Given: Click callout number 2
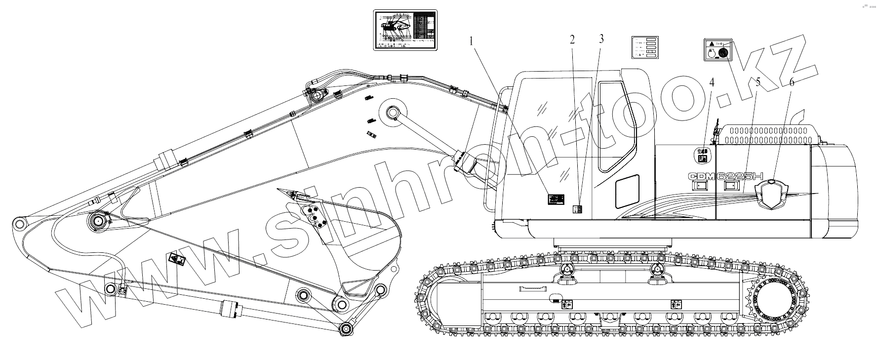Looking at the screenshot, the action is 572,40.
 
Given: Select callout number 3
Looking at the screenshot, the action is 601,40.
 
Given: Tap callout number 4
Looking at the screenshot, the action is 712,82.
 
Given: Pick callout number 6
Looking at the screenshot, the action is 791,82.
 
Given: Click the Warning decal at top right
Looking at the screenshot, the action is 717,50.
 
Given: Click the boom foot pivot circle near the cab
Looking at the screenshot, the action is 393,113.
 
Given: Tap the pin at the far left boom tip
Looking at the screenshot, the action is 19,224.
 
